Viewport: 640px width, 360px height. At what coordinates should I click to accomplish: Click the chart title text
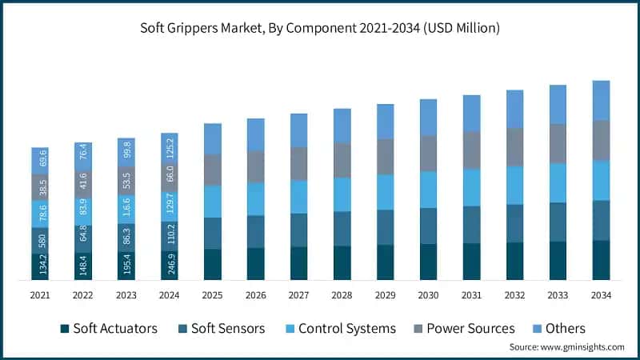tap(320, 29)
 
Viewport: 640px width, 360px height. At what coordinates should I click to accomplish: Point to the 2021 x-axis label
tap(40, 295)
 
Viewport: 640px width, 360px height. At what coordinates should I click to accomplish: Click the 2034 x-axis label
tap(601, 295)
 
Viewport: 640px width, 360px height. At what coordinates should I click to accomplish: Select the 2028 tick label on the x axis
tap(342, 295)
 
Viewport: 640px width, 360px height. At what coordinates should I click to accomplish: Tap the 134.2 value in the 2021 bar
tap(40, 266)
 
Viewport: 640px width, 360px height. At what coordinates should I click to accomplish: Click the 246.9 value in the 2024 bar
tap(170, 263)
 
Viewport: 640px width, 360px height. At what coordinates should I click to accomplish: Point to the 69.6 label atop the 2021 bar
tap(40, 160)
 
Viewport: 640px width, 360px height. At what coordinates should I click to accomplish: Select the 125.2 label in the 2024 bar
tap(170, 148)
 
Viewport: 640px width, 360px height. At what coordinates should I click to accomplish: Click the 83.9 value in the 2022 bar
tap(83, 211)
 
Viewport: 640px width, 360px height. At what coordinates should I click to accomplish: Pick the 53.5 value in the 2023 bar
tap(126, 180)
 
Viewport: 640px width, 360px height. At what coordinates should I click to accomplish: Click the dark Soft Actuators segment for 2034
tap(601, 260)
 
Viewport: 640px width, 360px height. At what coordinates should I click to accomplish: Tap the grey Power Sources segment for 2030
tap(428, 153)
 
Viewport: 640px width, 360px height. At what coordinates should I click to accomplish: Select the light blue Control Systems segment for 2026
tap(255, 199)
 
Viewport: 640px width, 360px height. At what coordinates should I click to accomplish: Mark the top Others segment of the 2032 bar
tap(514, 109)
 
